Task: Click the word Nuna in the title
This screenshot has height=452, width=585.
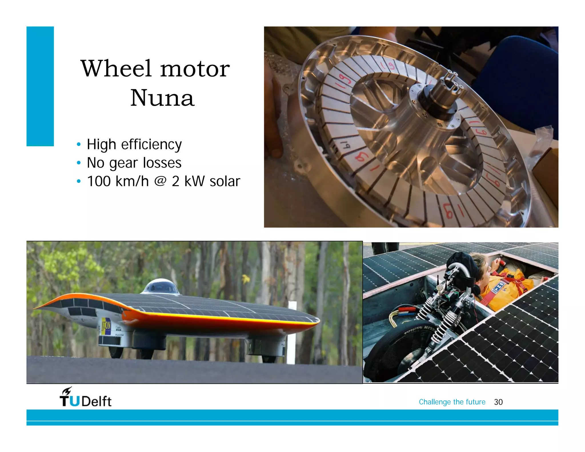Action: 162,98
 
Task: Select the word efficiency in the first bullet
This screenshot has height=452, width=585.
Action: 151,145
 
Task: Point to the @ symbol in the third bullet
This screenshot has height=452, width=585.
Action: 160,181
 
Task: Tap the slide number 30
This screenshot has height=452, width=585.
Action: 498,402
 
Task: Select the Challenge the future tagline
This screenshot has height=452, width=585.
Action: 452,402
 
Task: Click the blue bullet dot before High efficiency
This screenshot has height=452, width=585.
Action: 79,144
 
